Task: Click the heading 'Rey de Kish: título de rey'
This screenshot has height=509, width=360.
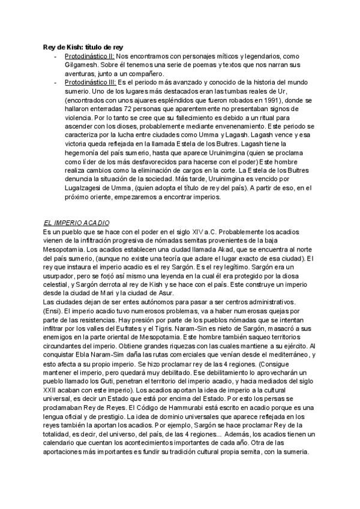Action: pos(83,47)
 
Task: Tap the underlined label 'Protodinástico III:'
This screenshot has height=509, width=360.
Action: pos(90,81)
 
